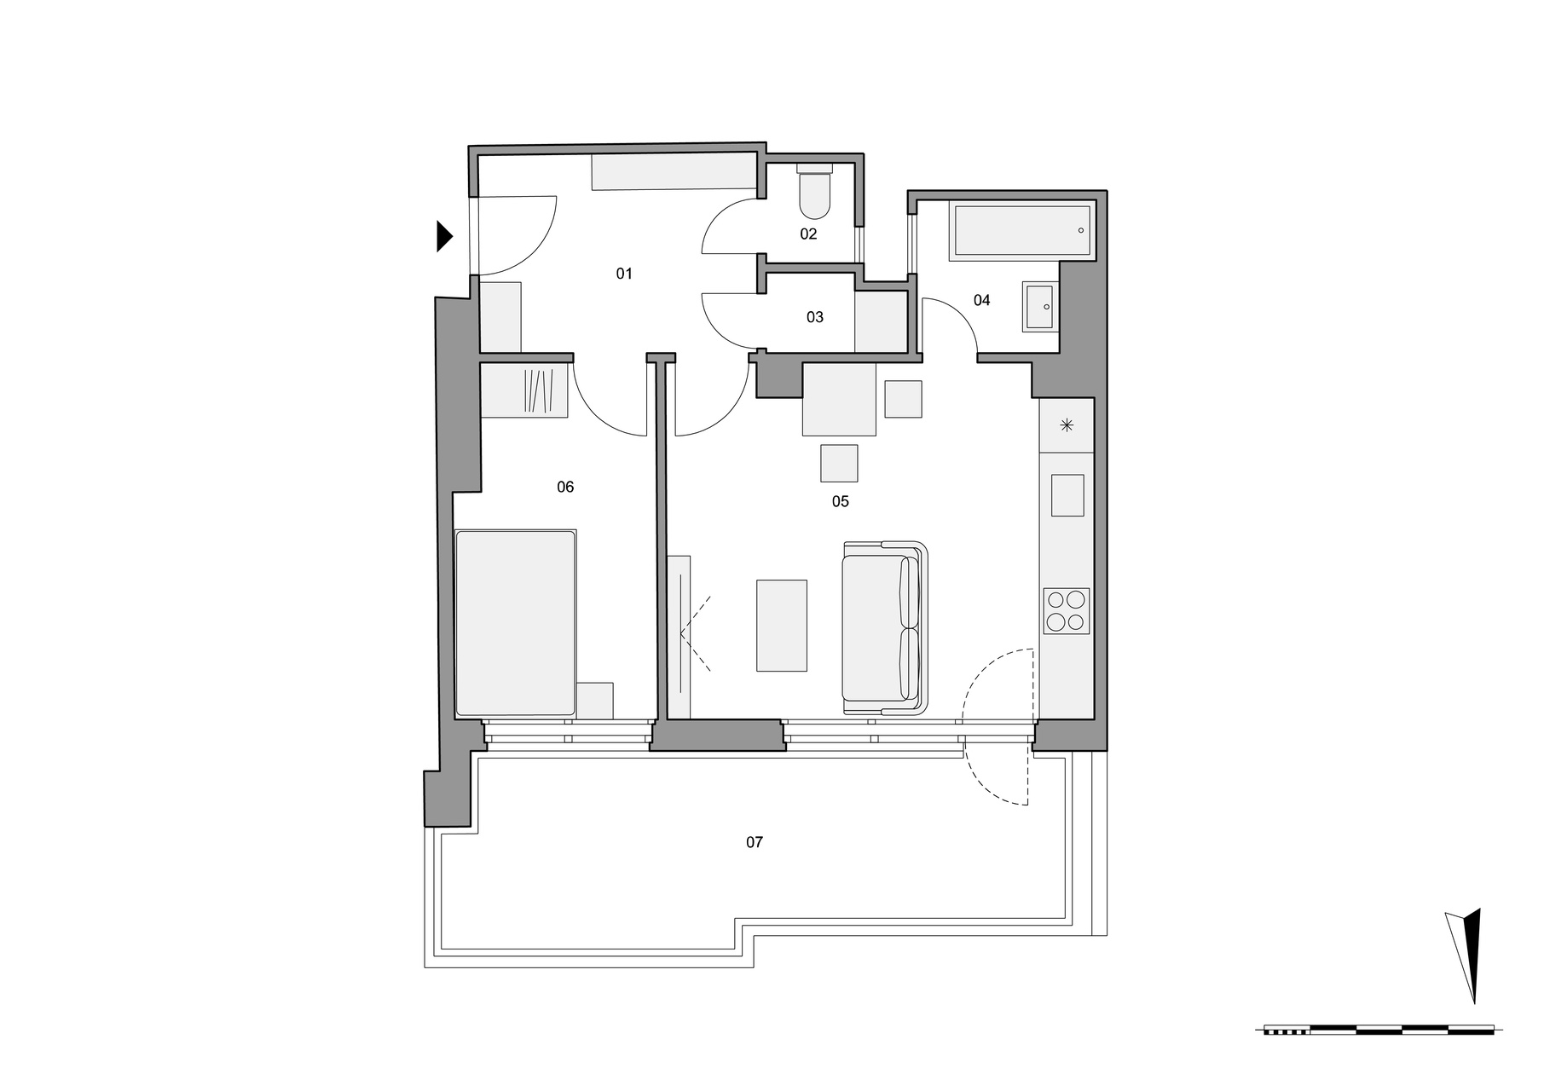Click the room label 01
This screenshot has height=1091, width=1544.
point(624,274)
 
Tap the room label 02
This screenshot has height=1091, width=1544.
point(808,234)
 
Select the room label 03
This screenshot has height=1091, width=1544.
point(815,317)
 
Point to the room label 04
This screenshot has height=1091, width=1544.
point(982,300)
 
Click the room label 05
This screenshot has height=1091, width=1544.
point(841,501)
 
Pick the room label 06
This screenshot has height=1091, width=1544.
point(565,487)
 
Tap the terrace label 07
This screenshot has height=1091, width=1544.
point(755,842)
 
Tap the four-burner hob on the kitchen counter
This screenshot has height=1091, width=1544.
point(1067,610)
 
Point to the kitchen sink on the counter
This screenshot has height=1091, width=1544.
point(1067,495)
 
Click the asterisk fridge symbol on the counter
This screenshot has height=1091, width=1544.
point(1067,425)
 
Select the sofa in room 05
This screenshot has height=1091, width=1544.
point(885,627)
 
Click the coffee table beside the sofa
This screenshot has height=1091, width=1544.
point(782,626)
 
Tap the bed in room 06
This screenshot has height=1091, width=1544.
point(516,623)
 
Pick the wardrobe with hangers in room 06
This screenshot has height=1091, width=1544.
point(524,390)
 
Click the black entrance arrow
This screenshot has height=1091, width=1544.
point(444,236)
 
